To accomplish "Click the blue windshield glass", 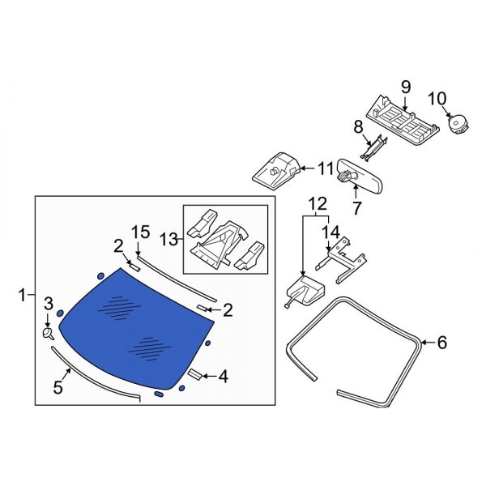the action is [x=136, y=329].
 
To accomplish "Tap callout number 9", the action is [x=406, y=87].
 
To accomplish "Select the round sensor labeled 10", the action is [x=458, y=125].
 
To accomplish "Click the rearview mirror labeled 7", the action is [x=360, y=175].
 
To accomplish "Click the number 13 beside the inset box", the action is [x=169, y=240].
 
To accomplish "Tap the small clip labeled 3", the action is [x=48, y=334].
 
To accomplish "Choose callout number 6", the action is [x=442, y=343].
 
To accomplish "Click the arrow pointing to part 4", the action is [x=210, y=377].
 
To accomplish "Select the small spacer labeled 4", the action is [x=195, y=374].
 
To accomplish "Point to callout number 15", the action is [x=141, y=232].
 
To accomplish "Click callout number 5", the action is [x=58, y=387].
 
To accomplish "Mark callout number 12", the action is [x=318, y=203].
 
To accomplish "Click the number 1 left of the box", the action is [x=22, y=295].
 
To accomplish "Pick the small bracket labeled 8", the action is [x=373, y=147].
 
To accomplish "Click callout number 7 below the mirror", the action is [x=356, y=208].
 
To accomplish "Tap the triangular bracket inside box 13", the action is [x=220, y=244].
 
